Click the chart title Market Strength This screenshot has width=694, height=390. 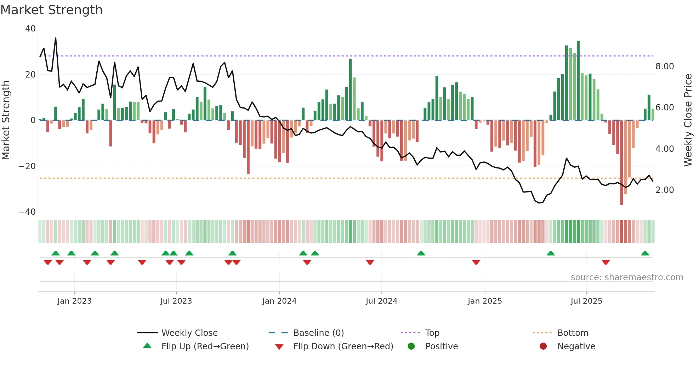pos(52,10)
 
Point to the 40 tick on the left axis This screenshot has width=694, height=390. pos(30,29)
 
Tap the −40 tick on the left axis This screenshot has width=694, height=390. pos(27,212)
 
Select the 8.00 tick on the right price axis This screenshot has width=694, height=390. pos(665,67)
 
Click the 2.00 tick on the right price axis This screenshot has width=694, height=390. pos(665,190)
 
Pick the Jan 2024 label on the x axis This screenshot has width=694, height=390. pos(279,301)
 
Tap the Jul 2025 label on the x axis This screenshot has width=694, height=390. pos(586,301)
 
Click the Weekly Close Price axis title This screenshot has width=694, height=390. pos(688,120)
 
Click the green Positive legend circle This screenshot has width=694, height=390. pos(411,346)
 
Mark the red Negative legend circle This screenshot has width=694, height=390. pos(543,346)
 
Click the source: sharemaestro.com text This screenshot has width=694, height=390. pos(627,277)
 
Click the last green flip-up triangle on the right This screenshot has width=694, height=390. pos(645,253)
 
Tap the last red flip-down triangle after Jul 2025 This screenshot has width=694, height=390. pos(605,262)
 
